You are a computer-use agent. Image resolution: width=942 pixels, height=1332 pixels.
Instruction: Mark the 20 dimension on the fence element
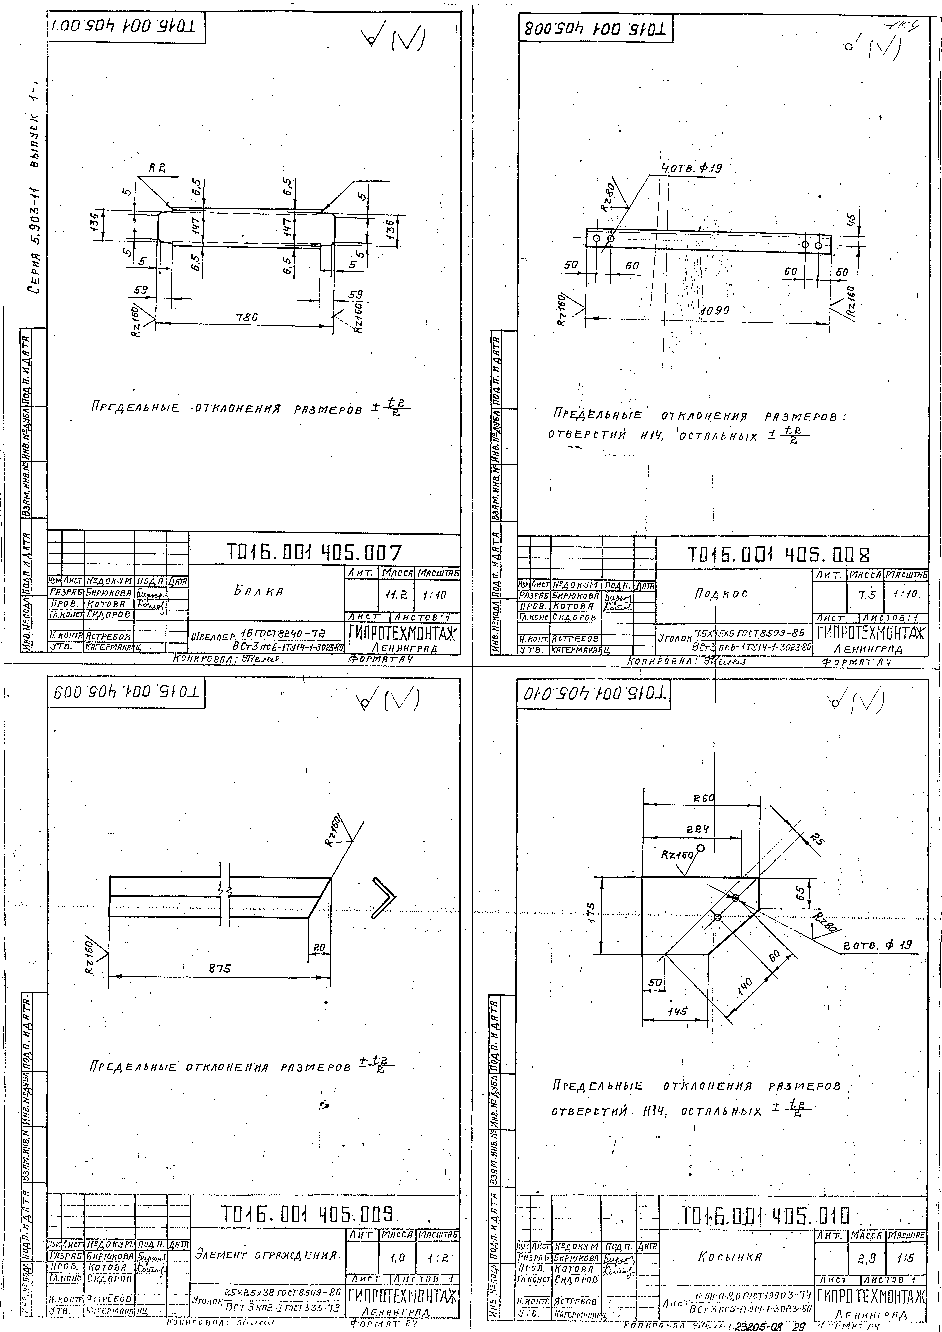[x=319, y=947]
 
